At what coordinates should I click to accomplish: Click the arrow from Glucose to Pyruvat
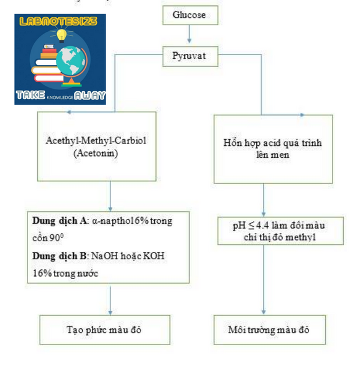tap(190, 34)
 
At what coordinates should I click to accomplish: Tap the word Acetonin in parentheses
tap(96, 154)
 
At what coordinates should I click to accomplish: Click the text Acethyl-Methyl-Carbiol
tap(96, 140)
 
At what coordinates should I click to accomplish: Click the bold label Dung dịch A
tap(59, 221)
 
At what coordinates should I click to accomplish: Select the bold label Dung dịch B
tap(59, 256)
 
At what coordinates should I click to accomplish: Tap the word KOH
tap(154, 256)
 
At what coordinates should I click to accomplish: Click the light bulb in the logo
tap(62, 35)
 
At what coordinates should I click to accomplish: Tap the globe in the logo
tap(71, 61)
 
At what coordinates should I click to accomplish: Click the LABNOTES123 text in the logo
tap(58, 21)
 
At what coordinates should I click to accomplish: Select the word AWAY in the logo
tap(90, 95)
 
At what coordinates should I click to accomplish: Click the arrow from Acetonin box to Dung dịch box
tap(110, 196)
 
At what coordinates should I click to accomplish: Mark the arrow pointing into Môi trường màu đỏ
tap(263, 280)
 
